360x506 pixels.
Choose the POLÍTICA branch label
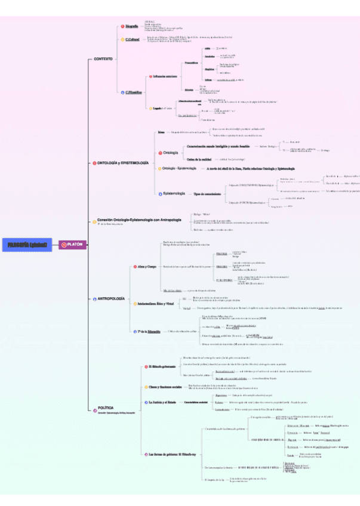click(106, 408)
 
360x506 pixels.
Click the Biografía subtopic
click(131, 26)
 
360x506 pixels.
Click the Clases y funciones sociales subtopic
click(166, 387)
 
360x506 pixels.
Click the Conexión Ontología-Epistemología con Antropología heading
click(139, 220)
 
